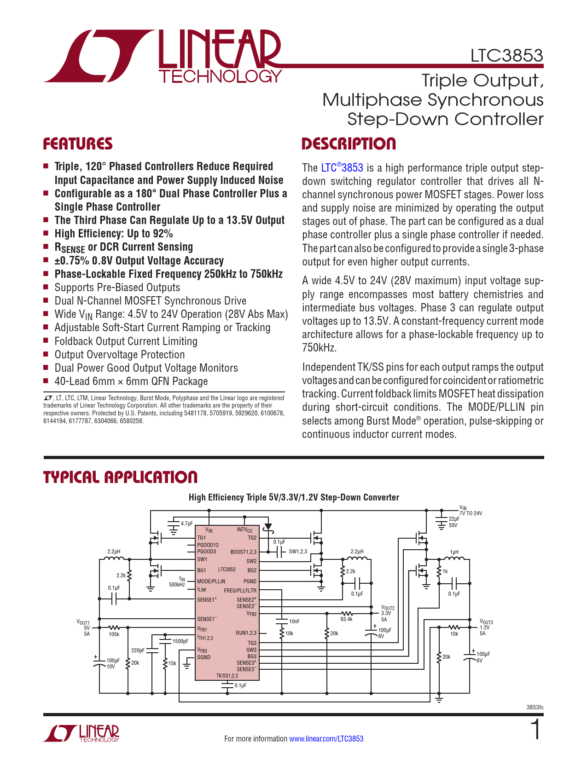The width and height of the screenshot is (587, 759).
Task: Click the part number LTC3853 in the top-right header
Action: (506, 56)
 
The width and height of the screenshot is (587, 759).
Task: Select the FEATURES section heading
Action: (78, 144)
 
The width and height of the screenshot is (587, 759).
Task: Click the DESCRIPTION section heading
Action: (349, 144)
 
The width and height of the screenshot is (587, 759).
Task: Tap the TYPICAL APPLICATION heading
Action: (120, 477)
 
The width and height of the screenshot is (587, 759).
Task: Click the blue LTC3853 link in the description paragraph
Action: (342, 168)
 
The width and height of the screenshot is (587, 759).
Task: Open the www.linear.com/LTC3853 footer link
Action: (326, 739)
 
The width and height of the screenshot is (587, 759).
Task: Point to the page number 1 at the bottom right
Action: (535, 730)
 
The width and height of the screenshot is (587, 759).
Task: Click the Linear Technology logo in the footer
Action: (81, 734)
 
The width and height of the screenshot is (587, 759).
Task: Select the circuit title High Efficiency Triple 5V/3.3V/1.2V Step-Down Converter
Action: (294, 497)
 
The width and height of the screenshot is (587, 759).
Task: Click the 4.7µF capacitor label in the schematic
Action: (186, 523)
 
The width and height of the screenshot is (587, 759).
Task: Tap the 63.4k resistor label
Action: (346, 619)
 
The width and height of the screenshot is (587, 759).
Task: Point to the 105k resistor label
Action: (114, 634)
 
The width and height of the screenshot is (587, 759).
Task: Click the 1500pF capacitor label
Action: (180, 641)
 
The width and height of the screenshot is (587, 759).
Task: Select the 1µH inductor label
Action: (454, 552)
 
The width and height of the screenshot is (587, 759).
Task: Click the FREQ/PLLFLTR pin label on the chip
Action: (240, 591)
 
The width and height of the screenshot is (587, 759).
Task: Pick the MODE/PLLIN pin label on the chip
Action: (211, 581)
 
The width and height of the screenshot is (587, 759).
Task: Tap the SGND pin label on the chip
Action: (203, 657)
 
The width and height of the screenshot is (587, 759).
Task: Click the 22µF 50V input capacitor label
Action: (454, 522)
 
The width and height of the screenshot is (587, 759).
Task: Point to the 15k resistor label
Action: (172, 663)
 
